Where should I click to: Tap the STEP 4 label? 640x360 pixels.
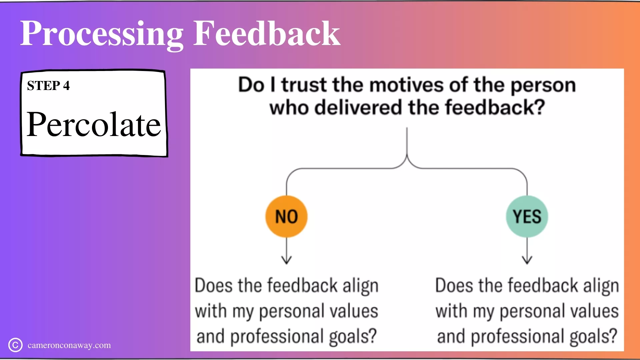48,86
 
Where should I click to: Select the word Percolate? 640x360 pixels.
94,124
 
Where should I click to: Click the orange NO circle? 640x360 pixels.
286,217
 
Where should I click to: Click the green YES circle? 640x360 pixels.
527,217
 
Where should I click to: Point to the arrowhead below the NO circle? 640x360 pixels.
286,260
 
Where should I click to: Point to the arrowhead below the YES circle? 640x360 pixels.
527,260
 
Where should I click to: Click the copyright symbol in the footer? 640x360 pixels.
15,345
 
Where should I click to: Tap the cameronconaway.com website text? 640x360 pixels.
69,345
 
